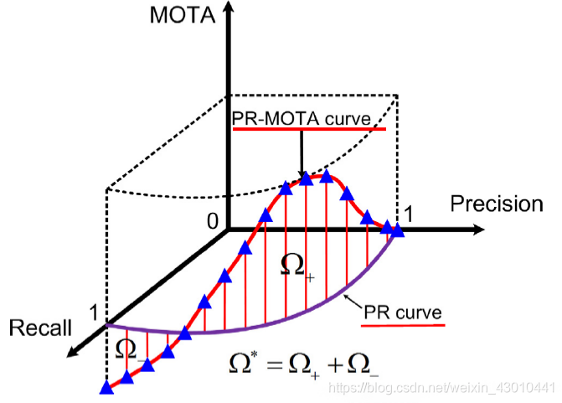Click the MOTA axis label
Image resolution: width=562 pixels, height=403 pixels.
(x=181, y=16)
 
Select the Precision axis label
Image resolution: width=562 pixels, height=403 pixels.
(x=497, y=204)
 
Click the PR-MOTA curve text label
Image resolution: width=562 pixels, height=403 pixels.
(x=301, y=119)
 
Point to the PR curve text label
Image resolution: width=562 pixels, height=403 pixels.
(x=403, y=312)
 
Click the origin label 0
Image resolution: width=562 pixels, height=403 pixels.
(x=213, y=220)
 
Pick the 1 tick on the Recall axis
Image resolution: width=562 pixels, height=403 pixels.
(x=95, y=313)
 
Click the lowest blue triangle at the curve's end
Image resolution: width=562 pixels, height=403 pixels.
(x=106, y=387)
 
